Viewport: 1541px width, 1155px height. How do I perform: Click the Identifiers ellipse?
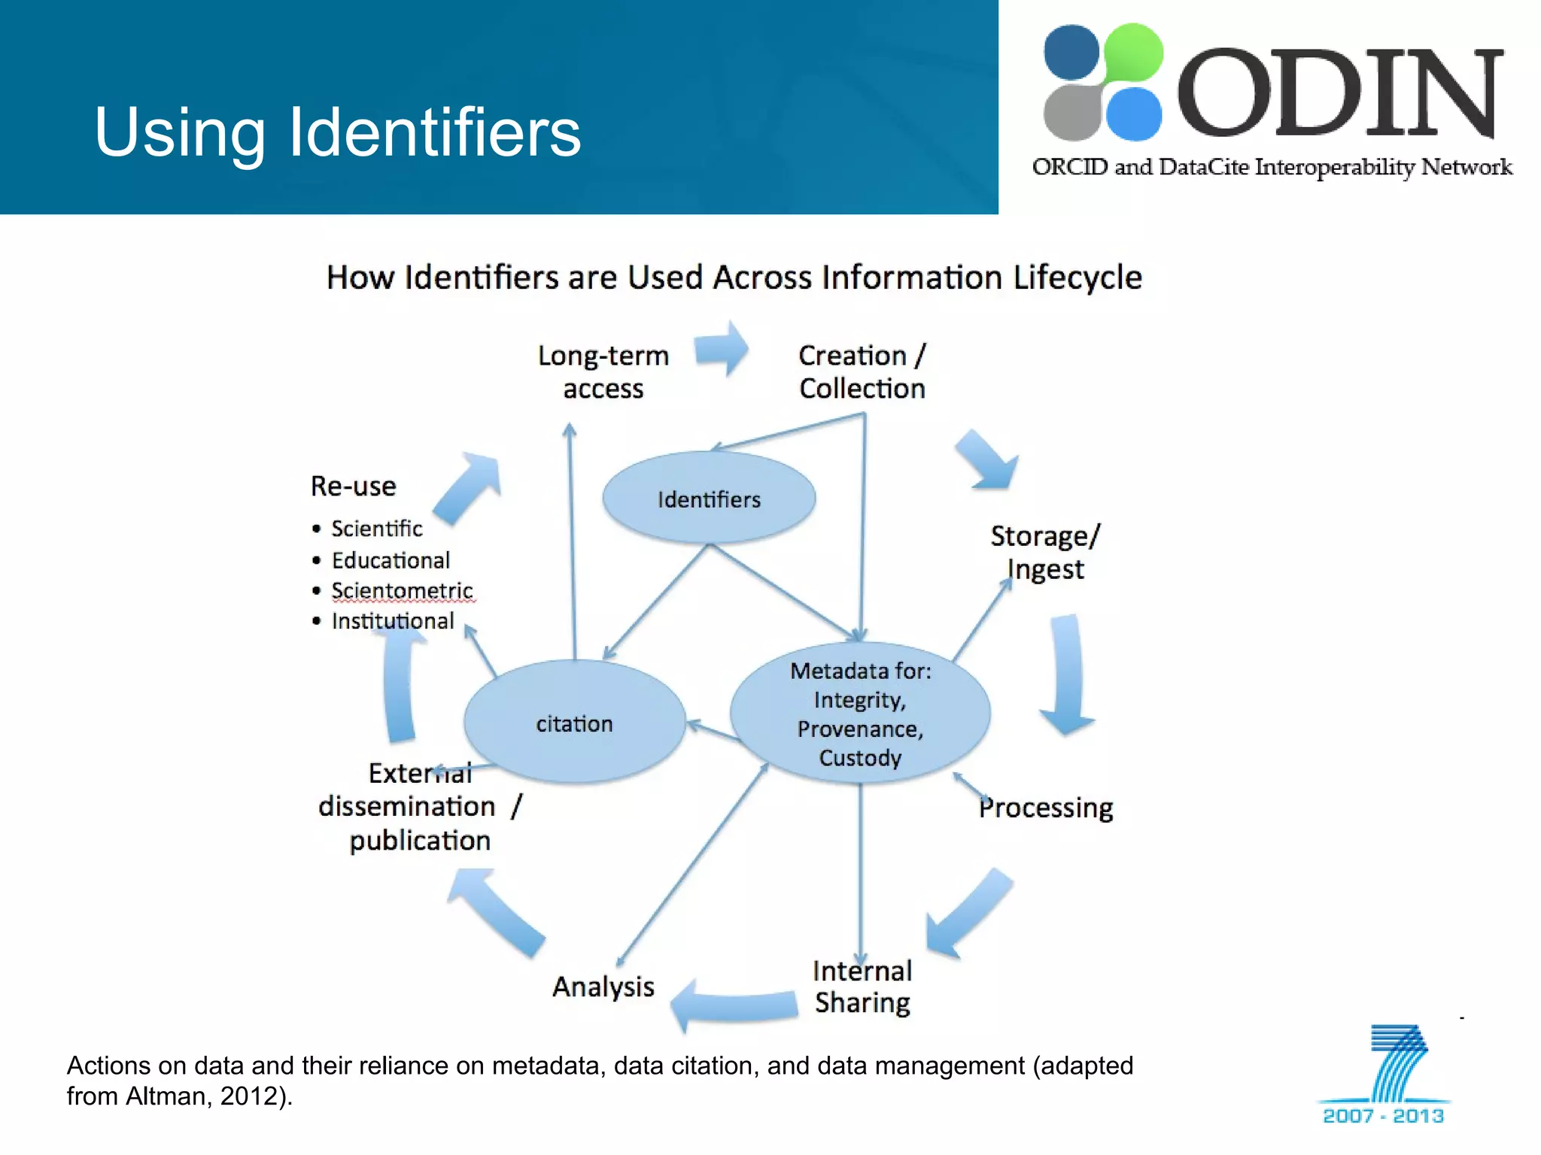click(x=709, y=498)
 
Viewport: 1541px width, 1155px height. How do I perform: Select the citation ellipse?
click(x=574, y=723)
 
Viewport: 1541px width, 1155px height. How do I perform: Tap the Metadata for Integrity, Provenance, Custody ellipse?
click(x=860, y=713)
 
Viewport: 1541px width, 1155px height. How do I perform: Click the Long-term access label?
click(x=603, y=371)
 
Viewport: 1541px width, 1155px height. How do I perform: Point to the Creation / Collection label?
click(x=862, y=371)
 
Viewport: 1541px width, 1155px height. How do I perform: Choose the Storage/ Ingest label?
click(x=1045, y=553)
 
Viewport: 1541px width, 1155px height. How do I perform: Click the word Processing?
click(x=1046, y=808)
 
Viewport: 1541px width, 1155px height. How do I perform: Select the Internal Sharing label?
click(x=862, y=987)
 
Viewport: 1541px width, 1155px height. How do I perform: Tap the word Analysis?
click(x=603, y=987)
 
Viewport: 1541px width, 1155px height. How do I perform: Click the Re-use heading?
click(x=354, y=487)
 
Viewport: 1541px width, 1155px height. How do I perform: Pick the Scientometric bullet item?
click(x=402, y=591)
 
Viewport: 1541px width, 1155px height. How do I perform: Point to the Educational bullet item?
click(x=391, y=560)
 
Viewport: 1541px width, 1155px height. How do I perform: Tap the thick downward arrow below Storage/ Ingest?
click(x=1067, y=675)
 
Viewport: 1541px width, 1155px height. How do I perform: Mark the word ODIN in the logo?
click(x=1339, y=94)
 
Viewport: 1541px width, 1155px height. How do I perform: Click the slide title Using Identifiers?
click(x=338, y=132)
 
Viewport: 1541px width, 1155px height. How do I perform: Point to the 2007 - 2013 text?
click(x=1383, y=1115)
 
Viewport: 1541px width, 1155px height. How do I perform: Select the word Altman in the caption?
click(x=166, y=1096)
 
